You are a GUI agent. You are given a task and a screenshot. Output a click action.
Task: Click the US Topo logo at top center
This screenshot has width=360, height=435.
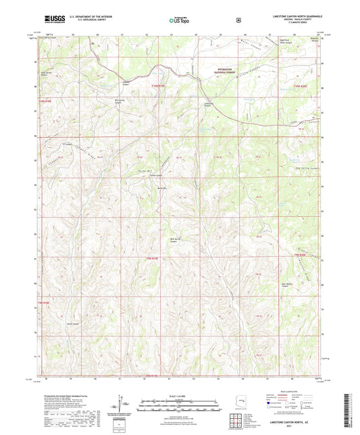pyautogui.click(x=179, y=21)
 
